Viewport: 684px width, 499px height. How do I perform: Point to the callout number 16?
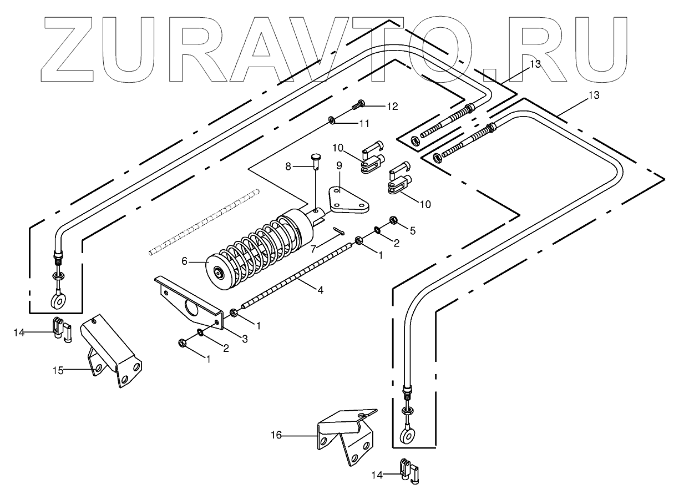(x=276, y=436)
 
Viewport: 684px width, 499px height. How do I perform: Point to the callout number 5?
(x=412, y=229)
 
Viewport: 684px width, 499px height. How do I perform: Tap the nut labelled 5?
(x=394, y=220)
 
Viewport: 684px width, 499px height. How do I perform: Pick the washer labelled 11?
(x=331, y=119)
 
